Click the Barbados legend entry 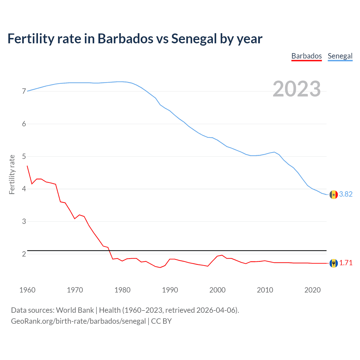[306, 56]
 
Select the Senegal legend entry [340, 56]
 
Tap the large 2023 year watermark [296, 89]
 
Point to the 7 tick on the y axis [24, 91]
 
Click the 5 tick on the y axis [24, 156]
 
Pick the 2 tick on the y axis [24, 254]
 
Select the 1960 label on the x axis [27, 290]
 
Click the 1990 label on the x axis [170, 290]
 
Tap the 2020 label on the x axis [312, 290]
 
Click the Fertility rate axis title [12, 174]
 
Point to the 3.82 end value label [346, 194]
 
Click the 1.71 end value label [346, 263]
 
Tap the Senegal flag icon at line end [334, 195]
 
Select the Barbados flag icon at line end [334, 263]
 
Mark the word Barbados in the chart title [125, 39]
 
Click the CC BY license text [161, 321]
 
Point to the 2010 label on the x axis [265, 290]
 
